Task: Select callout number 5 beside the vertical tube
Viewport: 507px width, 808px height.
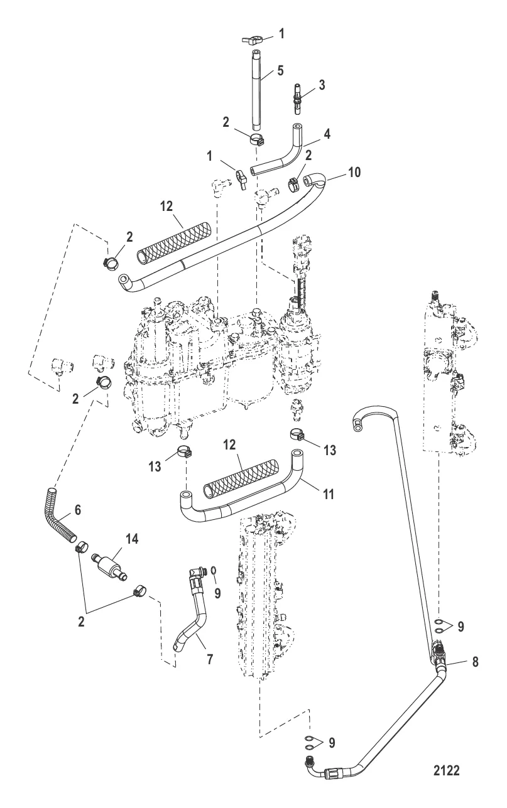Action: [280, 70]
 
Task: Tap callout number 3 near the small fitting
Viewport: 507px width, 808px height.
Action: [322, 85]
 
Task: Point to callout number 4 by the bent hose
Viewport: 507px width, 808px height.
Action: [326, 134]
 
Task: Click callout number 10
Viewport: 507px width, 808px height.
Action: [354, 172]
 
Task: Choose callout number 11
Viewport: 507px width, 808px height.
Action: [328, 494]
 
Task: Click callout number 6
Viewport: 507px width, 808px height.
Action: [77, 510]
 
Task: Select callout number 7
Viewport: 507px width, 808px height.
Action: [210, 659]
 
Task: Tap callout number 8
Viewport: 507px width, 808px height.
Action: [475, 662]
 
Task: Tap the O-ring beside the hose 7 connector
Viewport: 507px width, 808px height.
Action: [214, 569]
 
